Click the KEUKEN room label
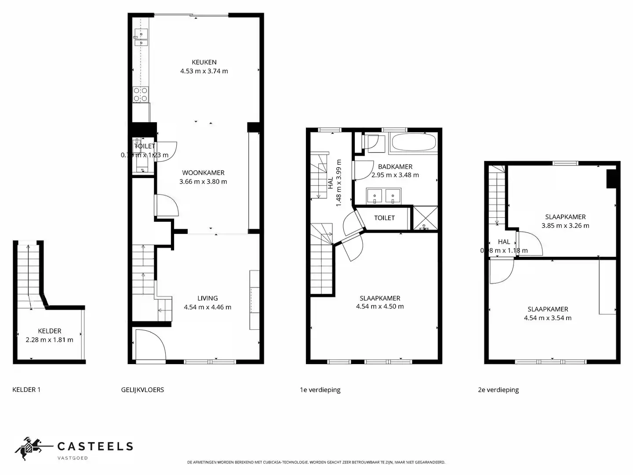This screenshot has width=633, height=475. [x=204, y=62]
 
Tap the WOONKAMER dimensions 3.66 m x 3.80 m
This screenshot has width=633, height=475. [x=203, y=182]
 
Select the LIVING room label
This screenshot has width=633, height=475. [x=207, y=298]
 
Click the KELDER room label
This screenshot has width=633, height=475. [x=50, y=331]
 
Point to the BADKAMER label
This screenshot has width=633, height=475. [x=395, y=167]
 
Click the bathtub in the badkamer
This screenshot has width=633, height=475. [x=414, y=142]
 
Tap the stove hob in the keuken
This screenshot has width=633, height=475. [x=141, y=95]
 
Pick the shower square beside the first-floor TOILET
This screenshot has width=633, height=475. [x=425, y=218]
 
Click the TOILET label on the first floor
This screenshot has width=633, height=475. [x=384, y=218]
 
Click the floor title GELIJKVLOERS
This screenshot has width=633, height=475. [x=142, y=390]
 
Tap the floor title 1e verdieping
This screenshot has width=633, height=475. [x=320, y=390]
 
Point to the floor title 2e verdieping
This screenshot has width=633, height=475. [x=498, y=390]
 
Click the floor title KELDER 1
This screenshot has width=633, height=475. [x=26, y=390]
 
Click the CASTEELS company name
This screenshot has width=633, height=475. [x=95, y=447]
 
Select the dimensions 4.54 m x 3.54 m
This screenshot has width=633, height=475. [x=548, y=318]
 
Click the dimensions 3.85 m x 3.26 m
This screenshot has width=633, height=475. [x=565, y=226]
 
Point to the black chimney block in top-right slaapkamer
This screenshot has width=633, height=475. [x=611, y=179]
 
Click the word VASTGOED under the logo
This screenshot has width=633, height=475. [x=73, y=458]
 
